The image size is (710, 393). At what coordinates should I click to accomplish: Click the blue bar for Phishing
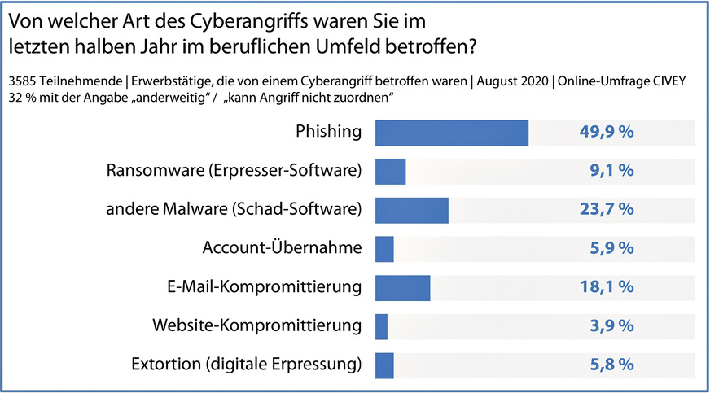451,133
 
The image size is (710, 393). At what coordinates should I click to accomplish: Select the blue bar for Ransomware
390,171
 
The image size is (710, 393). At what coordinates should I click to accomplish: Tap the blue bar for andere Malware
411,210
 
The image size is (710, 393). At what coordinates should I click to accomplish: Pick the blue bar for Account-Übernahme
384,248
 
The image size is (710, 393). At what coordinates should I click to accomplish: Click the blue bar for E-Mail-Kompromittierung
402,287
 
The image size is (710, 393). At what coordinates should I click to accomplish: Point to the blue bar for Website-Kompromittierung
381,326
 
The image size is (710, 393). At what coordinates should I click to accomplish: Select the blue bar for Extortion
384,365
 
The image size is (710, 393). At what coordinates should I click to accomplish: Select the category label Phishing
327,133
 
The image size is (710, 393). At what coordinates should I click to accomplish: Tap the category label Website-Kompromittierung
256,326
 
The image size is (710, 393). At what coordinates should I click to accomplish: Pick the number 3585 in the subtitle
22,80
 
